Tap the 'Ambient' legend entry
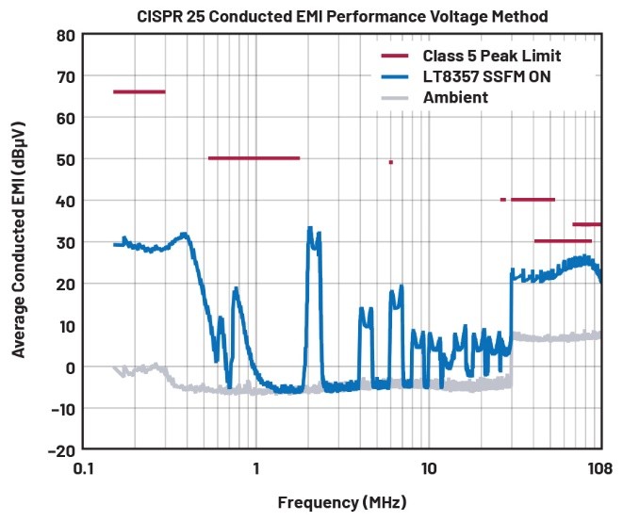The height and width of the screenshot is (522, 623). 455,97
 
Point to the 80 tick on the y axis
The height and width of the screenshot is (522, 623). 65,35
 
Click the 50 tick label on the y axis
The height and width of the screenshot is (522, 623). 65,158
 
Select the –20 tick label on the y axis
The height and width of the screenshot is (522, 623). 59,449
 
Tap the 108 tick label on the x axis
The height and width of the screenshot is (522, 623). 599,468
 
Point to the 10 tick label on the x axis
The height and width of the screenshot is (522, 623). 428,468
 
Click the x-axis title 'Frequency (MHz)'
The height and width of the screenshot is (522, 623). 343,502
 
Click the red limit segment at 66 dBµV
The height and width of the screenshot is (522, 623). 139,91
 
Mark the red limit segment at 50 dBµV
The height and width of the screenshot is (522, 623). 254,158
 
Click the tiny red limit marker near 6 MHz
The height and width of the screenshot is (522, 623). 390,162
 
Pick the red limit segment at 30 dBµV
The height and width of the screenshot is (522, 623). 563,241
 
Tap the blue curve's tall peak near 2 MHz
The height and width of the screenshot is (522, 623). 311,231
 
